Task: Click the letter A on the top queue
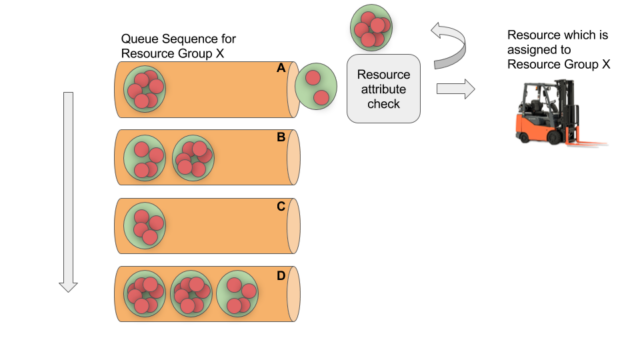tap(281, 68)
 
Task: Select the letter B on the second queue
tap(281, 137)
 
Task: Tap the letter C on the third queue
tap(281, 206)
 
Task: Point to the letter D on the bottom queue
tap(281, 275)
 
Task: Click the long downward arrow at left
tap(68, 190)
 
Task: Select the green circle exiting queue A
tap(318, 85)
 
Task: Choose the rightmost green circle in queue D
tap(238, 293)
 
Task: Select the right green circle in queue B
tap(193, 156)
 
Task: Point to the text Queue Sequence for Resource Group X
tap(178, 46)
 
